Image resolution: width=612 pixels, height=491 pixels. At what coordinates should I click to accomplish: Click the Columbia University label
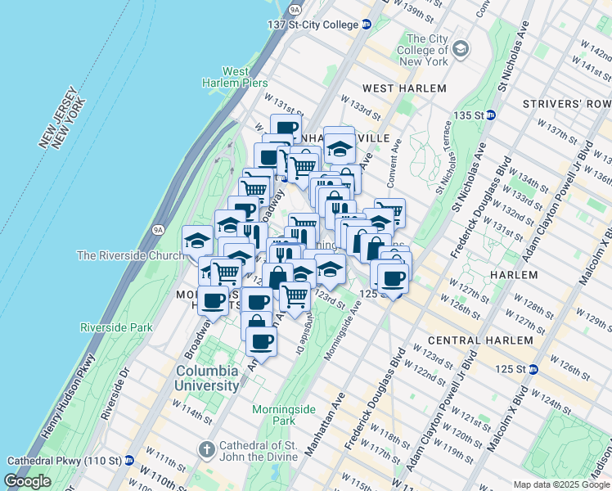207,377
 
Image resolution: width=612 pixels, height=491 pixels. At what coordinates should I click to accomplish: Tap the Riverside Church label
130,256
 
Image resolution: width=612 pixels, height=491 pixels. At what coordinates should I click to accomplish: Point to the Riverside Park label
116,327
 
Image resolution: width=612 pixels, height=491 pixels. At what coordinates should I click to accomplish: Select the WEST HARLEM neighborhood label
404,88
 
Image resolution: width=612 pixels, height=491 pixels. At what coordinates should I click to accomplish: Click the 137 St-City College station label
313,25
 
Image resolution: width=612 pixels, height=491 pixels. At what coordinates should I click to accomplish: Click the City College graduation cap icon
461,50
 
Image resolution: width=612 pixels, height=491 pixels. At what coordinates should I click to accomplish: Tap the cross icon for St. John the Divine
207,450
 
